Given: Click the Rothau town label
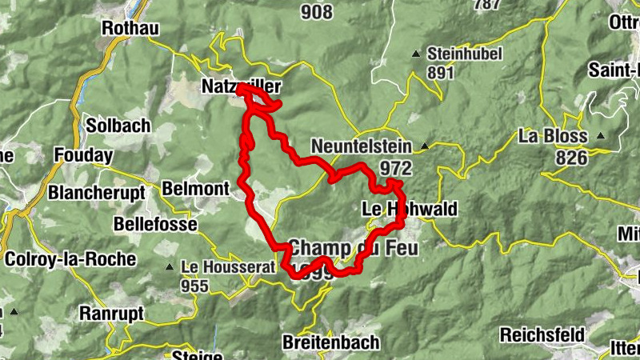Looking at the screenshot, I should click(131, 29).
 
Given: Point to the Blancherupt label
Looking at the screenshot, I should click(96, 193).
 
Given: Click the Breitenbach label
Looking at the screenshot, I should click(330, 342).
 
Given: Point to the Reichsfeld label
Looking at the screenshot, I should click(543, 334).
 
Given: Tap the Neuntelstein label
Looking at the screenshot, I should click(361, 147).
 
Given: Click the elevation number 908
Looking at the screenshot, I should click(317, 11).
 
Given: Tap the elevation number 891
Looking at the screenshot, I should click(440, 73).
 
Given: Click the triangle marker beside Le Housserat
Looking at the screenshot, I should click(170, 267).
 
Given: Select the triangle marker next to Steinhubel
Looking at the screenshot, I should click(416, 54).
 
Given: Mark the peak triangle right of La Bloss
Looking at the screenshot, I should click(601, 135).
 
